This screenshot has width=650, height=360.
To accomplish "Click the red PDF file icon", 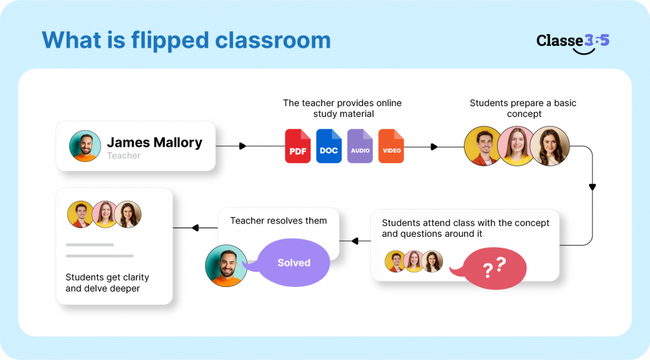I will click(298, 146).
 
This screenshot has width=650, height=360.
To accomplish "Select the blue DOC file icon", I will click(329, 146).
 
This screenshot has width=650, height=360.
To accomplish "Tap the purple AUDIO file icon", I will click(360, 146).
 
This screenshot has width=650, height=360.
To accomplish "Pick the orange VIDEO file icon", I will click(391, 146).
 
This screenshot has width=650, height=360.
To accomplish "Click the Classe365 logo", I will click(573, 42).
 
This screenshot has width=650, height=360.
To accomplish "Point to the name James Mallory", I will click(154, 142).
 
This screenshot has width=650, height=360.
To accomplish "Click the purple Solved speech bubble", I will click(293, 262).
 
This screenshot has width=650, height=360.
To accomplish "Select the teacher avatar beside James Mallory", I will click(85, 146).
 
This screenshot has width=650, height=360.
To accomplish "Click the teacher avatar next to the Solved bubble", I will click(226, 266).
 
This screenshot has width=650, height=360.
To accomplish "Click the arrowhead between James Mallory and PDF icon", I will click(242, 146).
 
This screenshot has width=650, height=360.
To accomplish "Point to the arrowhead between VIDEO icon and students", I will click(434, 147).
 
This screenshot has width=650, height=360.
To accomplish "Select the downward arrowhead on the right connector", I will click(592, 187).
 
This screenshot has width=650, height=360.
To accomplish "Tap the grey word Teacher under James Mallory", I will click(124, 156).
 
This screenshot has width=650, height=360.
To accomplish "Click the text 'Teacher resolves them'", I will click(279, 221).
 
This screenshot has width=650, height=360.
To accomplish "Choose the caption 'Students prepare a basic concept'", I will click(523, 108).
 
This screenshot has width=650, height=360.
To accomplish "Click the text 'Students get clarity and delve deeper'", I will click(107, 283).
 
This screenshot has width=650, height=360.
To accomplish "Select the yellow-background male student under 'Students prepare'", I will click(482, 146).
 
